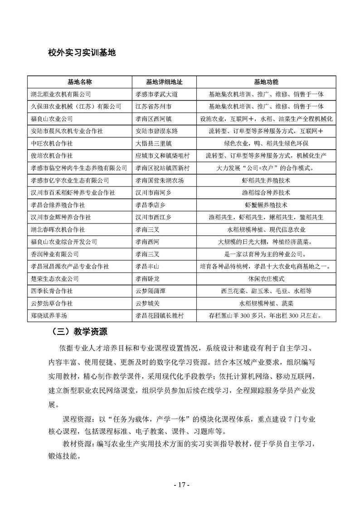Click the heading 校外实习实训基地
(x=82, y=53)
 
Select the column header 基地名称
(x=80, y=82)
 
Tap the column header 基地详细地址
(x=164, y=82)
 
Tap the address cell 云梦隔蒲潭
(x=151, y=291)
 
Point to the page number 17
(x=180, y=485)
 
